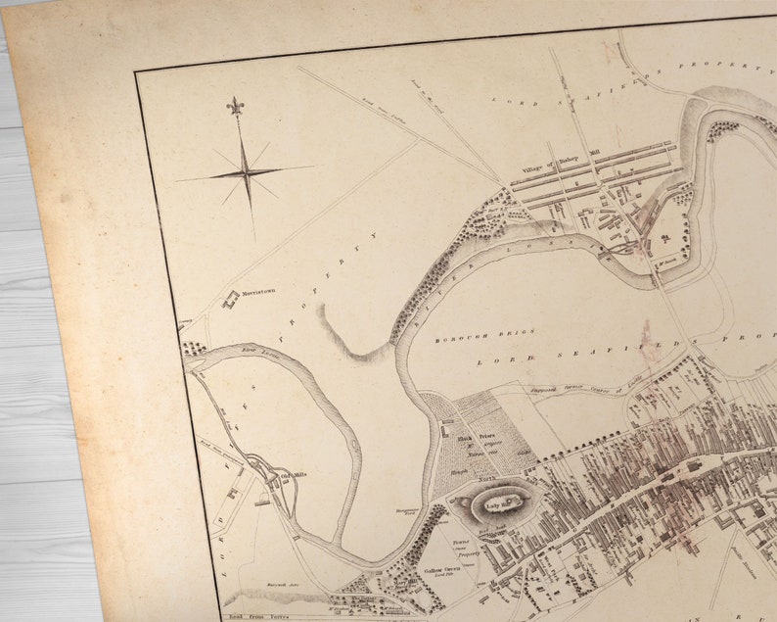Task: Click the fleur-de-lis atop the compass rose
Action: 235,105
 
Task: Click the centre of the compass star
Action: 247,174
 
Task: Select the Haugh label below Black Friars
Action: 458,471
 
